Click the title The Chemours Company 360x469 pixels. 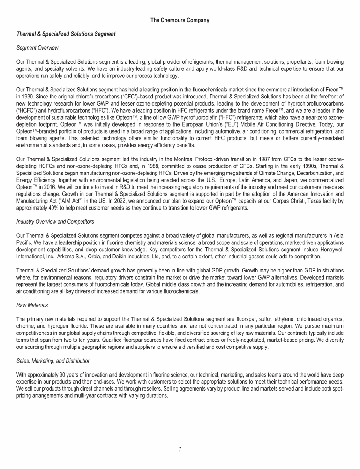click(x=180, y=20)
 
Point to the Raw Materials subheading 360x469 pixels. click(x=31, y=304)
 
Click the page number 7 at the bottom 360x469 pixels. click(x=180, y=449)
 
